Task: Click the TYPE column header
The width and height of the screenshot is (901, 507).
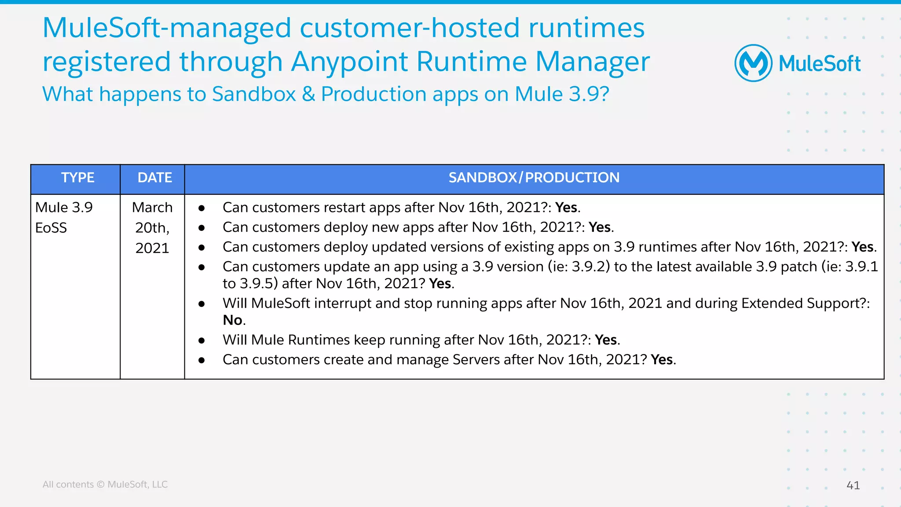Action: (77, 178)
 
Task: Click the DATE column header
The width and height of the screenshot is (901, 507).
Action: (154, 178)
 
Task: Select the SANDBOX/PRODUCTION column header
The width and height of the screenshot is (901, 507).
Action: (534, 178)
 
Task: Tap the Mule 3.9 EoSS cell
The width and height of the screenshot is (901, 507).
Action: (64, 217)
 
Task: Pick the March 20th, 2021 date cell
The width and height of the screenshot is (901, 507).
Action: (152, 228)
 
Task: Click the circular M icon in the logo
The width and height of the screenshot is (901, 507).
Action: (753, 63)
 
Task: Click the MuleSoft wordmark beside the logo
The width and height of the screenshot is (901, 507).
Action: (819, 64)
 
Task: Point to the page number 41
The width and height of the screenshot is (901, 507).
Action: (853, 485)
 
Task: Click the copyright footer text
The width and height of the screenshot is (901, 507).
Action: (105, 484)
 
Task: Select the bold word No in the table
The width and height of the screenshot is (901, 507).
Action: (232, 320)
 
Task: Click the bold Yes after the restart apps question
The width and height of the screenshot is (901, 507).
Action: (566, 208)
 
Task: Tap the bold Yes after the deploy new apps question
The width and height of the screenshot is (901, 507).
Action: (600, 227)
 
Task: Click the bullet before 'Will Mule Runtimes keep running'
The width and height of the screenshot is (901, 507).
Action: (201, 340)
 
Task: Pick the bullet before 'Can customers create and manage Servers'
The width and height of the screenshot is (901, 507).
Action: (201, 360)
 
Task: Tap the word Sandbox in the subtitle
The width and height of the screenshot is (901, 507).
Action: (254, 94)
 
